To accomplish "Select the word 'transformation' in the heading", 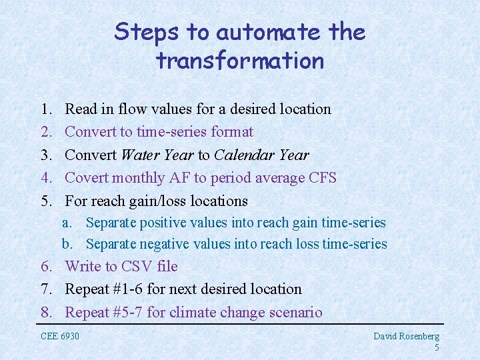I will pyautogui.click(x=240, y=61).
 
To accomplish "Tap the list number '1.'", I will pyautogui.click(x=47, y=109).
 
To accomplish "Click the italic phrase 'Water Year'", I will pyautogui.click(x=157, y=155).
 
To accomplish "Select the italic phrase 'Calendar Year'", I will pyautogui.click(x=261, y=155).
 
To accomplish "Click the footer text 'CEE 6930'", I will pyautogui.click(x=60, y=336).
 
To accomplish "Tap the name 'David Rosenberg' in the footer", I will pyautogui.click(x=406, y=337).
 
